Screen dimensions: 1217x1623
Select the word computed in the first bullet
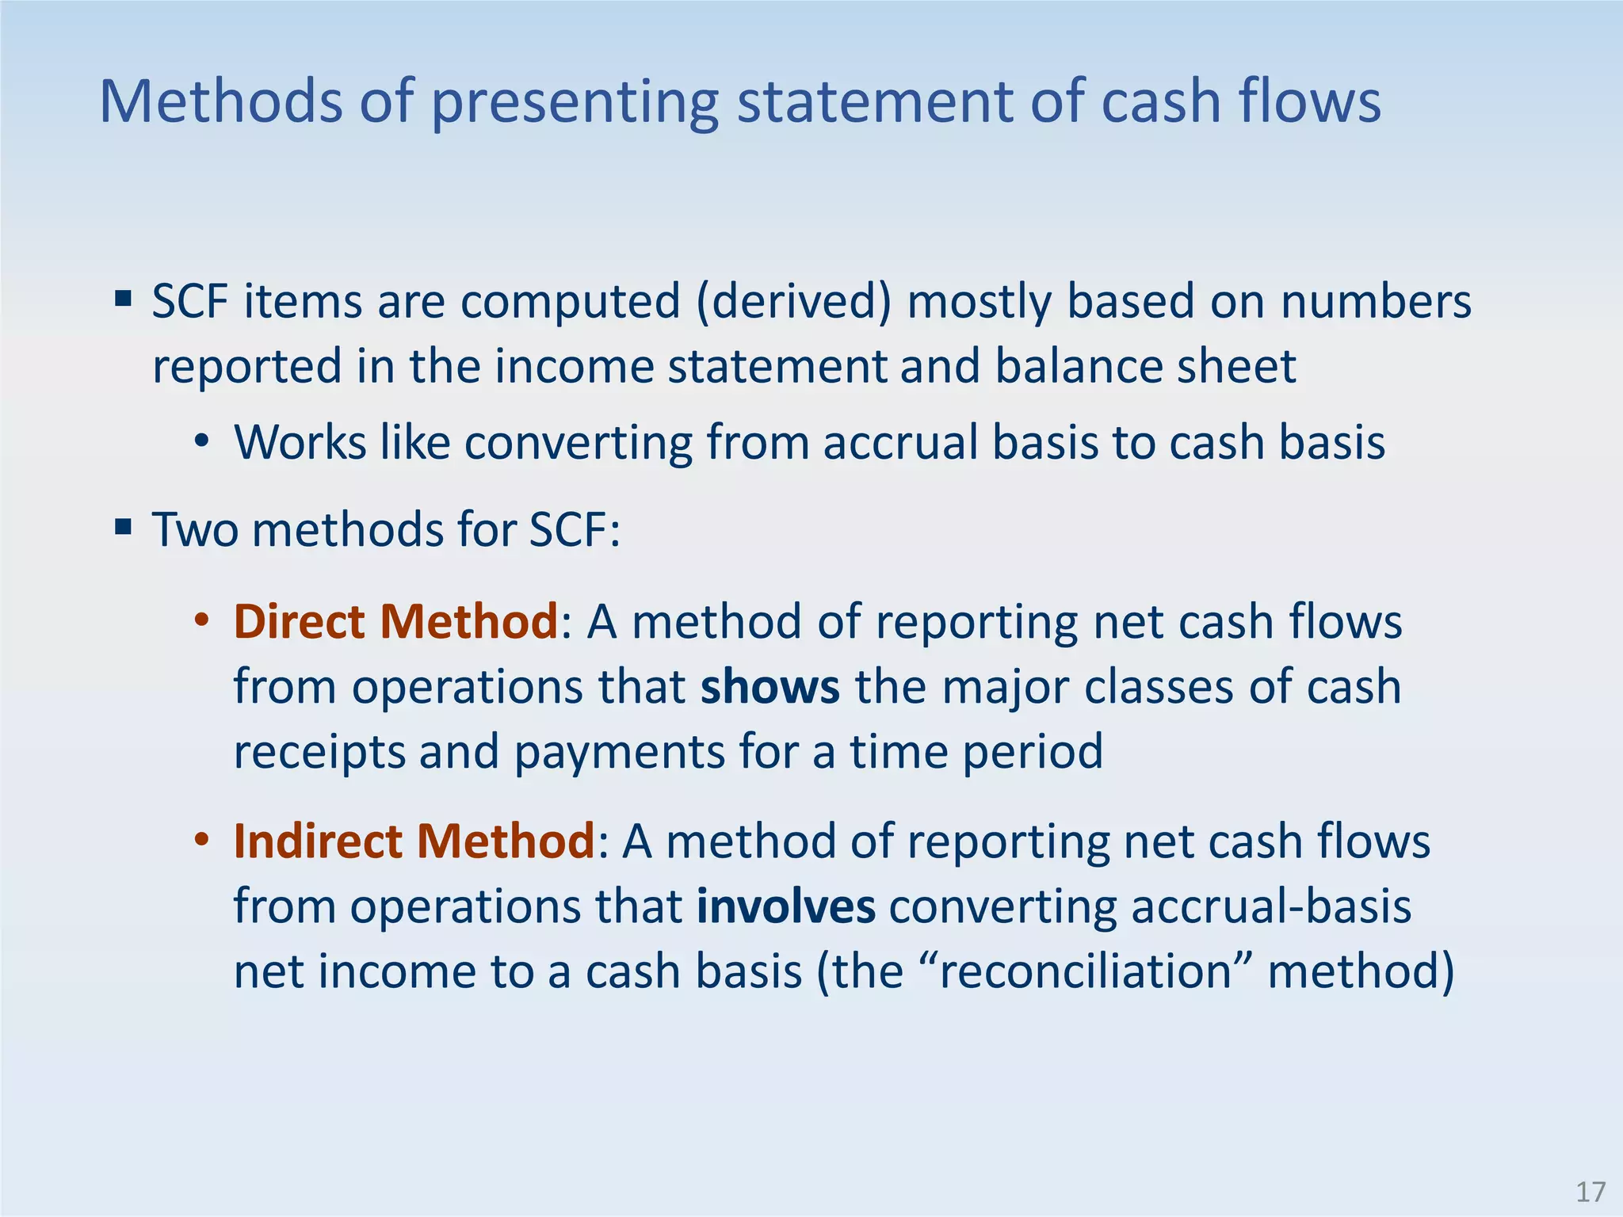click(571, 303)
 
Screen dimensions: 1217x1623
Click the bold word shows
click(769, 687)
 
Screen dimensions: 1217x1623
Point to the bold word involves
click(786, 906)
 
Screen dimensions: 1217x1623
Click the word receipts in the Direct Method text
click(319, 752)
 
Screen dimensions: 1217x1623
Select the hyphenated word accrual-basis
click(1271, 906)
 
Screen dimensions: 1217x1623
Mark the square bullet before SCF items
click(123, 299)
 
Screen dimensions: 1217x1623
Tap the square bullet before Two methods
click(123, 526)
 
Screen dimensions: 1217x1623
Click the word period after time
click(1033, 752)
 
